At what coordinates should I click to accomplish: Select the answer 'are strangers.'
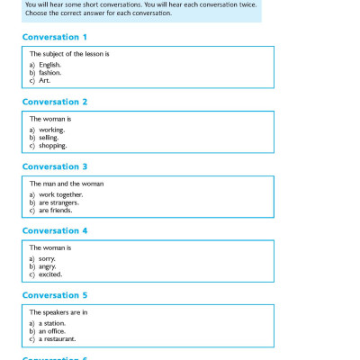pos(58,202)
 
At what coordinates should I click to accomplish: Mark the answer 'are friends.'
pos(56,210)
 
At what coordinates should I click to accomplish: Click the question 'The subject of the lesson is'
pos(69,54)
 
